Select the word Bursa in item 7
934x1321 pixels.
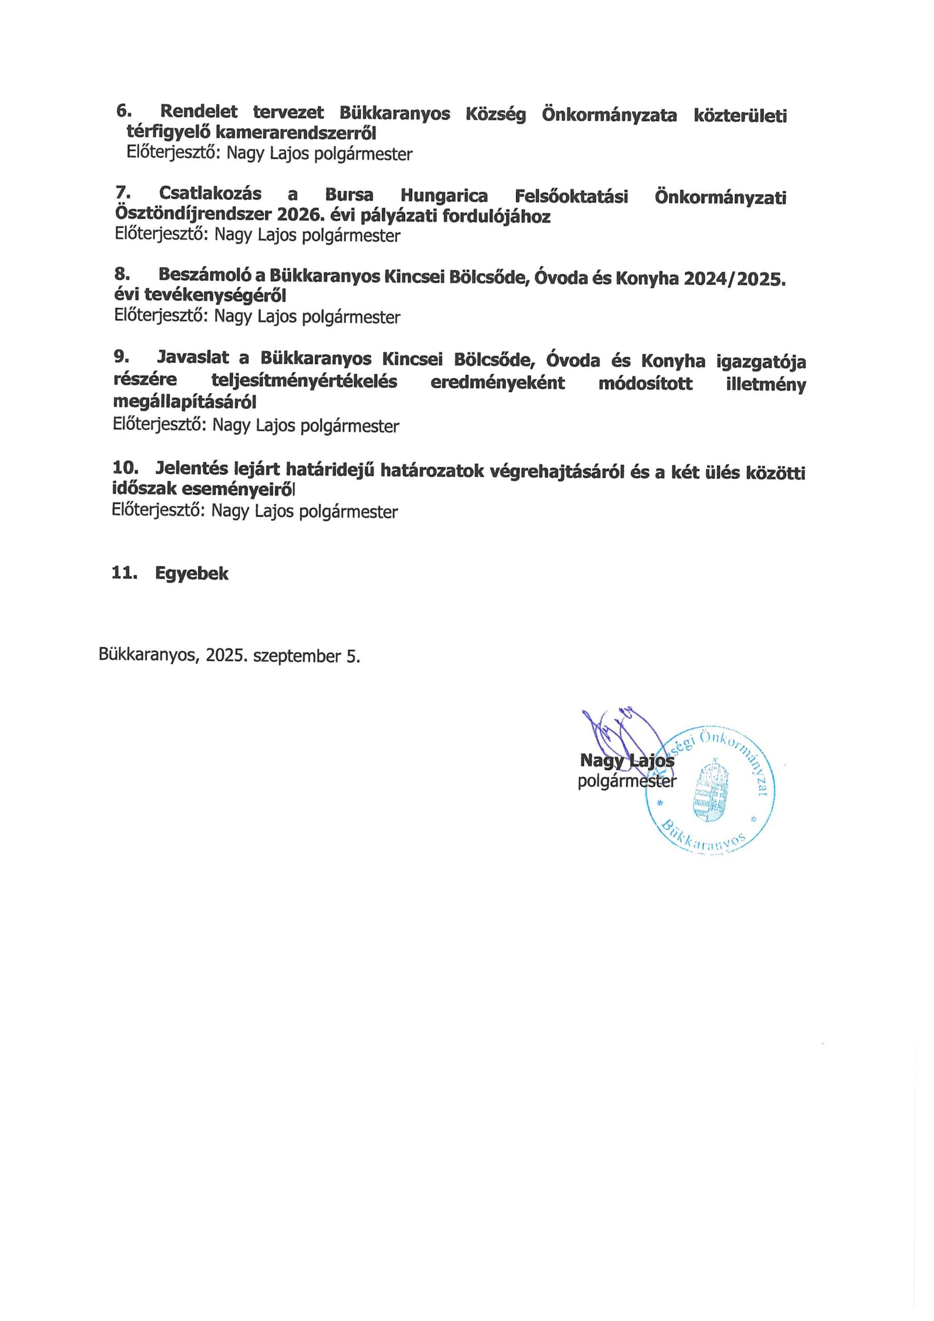point(349,195)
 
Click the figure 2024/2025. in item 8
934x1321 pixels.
point(735,280)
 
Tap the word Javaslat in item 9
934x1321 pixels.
point(193,358)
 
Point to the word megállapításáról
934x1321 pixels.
point(184,402)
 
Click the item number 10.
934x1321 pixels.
point(125,467)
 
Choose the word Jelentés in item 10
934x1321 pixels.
point(190,469)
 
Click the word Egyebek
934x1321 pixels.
point(191,574)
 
